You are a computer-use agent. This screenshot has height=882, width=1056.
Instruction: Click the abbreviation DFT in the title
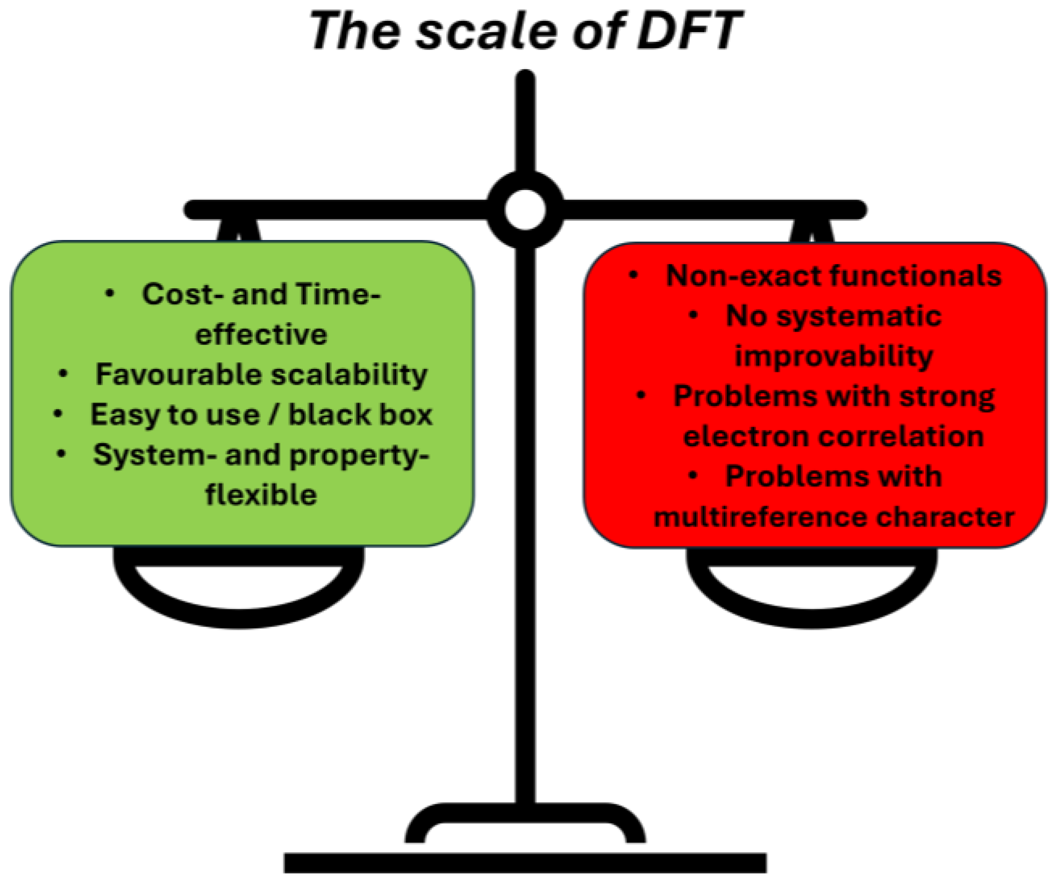689,31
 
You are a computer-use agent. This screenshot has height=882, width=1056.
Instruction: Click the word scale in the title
486,31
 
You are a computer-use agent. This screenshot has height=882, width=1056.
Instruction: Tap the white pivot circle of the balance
525,210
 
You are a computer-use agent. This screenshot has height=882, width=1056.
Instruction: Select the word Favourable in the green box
178,374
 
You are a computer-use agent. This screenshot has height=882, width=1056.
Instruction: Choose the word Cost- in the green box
183,294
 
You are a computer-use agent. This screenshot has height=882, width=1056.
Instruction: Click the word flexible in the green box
261,494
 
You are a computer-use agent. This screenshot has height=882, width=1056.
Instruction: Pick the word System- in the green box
155,455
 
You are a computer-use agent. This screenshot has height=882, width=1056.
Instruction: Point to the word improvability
834,356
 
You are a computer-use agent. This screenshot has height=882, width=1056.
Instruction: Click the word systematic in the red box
859,316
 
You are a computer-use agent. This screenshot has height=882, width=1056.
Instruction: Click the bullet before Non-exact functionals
633,275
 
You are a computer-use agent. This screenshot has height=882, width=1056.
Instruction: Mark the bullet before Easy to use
58,414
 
